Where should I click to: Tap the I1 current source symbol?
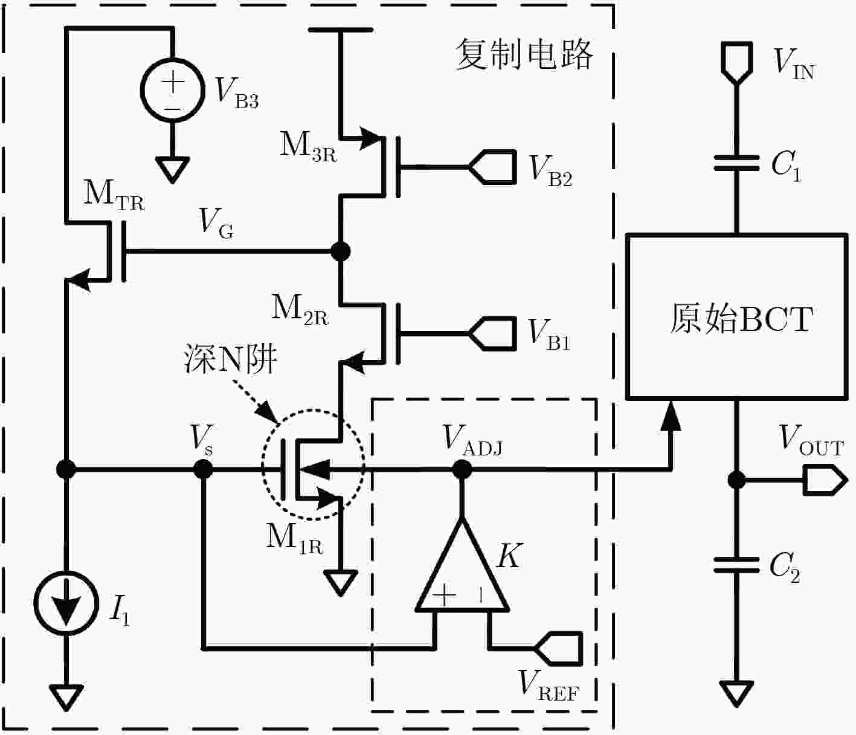pos(66,603)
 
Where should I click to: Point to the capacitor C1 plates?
pos(737,163)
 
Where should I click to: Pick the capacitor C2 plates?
pos(737,565)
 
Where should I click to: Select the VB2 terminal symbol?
pos(493,167)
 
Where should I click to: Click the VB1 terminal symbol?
pos(493,333)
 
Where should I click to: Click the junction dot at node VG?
pos(341,251)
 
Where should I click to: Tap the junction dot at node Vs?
pos(203,470)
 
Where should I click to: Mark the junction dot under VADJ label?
pos(462,470)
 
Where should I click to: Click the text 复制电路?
pos(525,54)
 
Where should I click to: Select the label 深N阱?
pos(231,359)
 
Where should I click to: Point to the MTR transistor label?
pos(114,194)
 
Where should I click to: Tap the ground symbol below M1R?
pos(341,583)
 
